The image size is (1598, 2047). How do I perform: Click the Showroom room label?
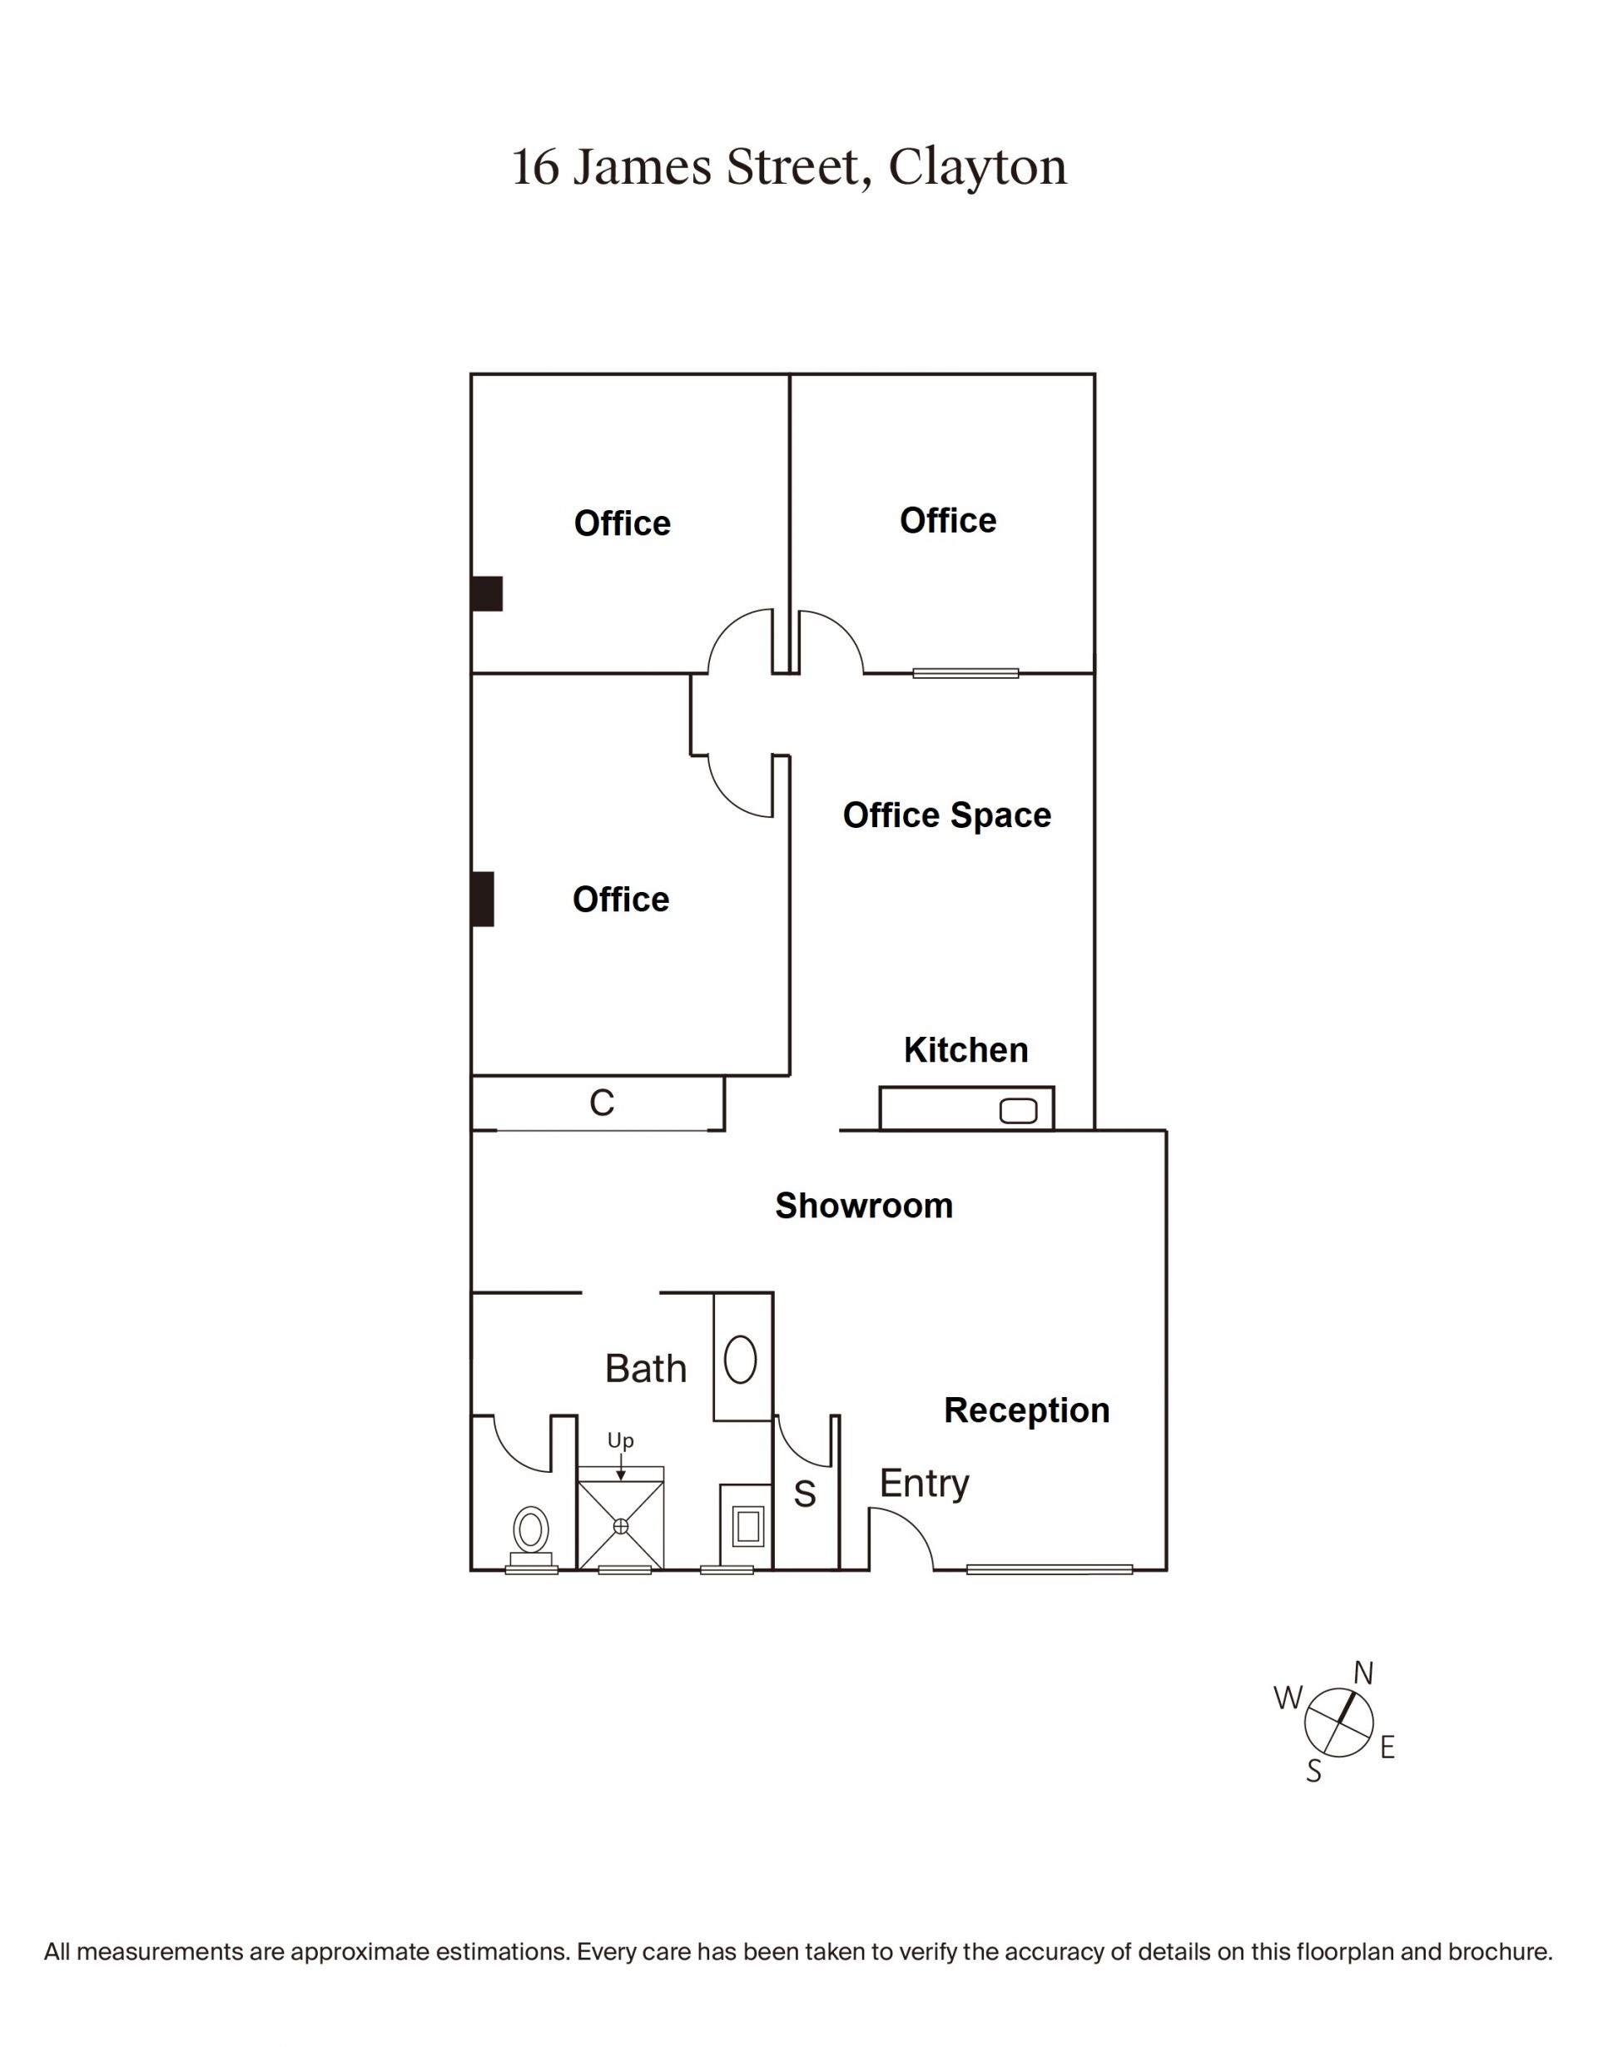point(863,1206)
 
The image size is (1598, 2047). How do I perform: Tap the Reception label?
point(1026,1411)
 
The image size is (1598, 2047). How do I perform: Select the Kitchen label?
point(965,1050)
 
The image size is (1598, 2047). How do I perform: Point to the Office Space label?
point(946,815)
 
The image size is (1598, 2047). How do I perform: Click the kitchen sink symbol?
point(1018,1111)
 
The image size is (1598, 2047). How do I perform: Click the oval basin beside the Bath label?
point(741,1360)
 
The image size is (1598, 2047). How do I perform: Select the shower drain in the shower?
point(620,1527)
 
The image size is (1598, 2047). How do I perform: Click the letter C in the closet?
point(602,1103)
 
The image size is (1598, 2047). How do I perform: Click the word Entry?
point(924,1484)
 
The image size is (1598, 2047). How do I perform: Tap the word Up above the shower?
point(620,1440)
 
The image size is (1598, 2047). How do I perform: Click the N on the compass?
point(1362,1673)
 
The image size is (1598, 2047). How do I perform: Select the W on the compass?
point(1288,1698)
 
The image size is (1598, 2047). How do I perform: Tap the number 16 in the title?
point(535,168)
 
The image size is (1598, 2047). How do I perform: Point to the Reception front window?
point(1049,1569)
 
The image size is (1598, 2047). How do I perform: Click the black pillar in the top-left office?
point(486,593)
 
